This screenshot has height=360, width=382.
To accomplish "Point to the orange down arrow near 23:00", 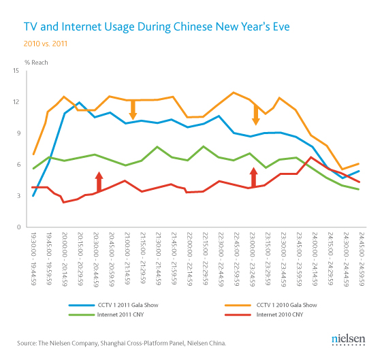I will click(256, 116).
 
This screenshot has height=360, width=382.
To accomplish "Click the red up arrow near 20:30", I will click(99, 182).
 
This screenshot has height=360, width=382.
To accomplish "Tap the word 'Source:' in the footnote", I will click(27, 342).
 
